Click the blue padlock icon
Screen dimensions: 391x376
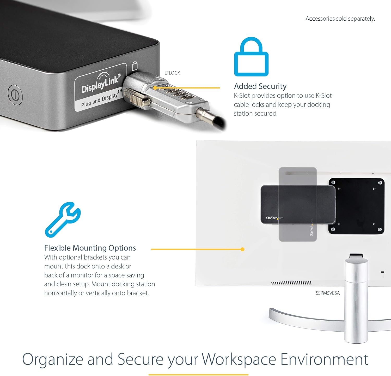[x=251, y=64]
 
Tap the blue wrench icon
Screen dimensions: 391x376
[x=63, y=220]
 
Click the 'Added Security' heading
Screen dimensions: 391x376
[x=260, y=86]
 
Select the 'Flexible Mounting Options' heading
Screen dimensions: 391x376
[x=90, y=248]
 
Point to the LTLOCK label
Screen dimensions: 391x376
[x=172, y=73]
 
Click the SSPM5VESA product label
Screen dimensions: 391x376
[x=328, y=293]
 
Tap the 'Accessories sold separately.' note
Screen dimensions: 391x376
[x=340, y=19]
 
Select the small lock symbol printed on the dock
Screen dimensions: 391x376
[x=135, y=66]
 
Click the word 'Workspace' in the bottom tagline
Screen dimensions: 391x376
[x=239, y=359]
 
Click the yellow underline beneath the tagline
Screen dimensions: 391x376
[x=198, y=375]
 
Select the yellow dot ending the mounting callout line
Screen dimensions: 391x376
[x=242, y=249]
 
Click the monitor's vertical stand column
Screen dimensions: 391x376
[x=356, y=299]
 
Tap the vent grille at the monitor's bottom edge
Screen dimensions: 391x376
[x=291, y=283]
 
